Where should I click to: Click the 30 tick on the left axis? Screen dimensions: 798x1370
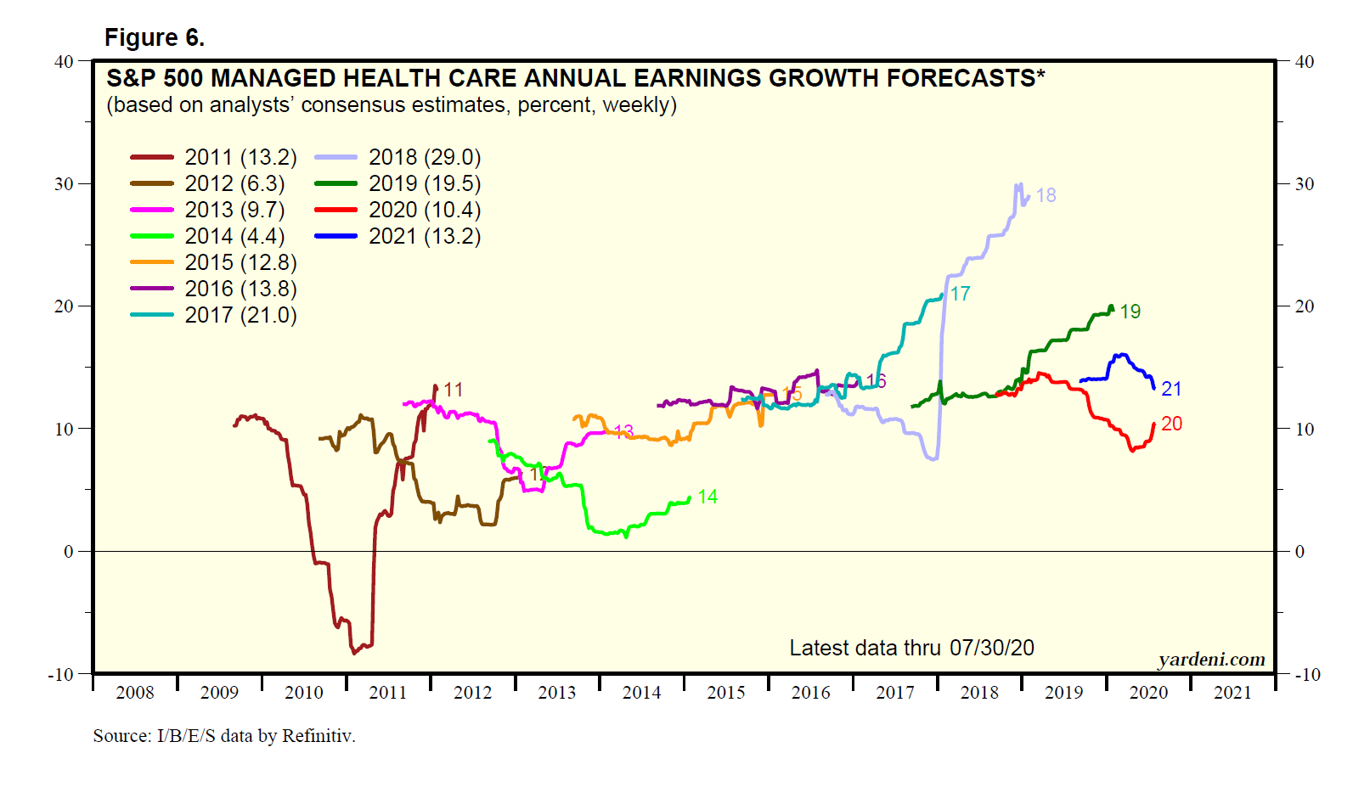pyautogui.click(x=65, y=184)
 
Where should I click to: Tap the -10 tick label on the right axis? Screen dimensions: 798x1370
pyautogui.click(x=1307, y=675)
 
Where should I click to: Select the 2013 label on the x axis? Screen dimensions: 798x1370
pyautogui.click(x=557, y=693)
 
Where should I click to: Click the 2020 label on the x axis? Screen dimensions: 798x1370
pyautogui.click(x=1148, y=693)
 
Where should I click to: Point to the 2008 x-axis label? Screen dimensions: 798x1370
pyautogui.click(x=135, y=693)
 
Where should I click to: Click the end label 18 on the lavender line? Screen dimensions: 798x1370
pyautogui.click(x=1046, y=195)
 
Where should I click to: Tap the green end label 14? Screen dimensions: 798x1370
pyautogui.click(x=708, y=497)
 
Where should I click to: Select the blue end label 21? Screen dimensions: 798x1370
pyautogui.click(x=1171, y=389)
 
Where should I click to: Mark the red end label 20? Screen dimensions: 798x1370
pyautogui.click(x=1171, y=424)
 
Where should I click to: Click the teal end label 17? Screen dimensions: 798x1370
pyautogui.click(x=960, y=294)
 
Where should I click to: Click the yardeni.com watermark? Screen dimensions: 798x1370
pyautogui.click(x=1211, y=660)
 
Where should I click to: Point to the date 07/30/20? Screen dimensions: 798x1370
pyautogui.click(x=991, y=649)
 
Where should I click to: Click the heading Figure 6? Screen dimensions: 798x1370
pyautogui.click(x=155, y=38)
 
